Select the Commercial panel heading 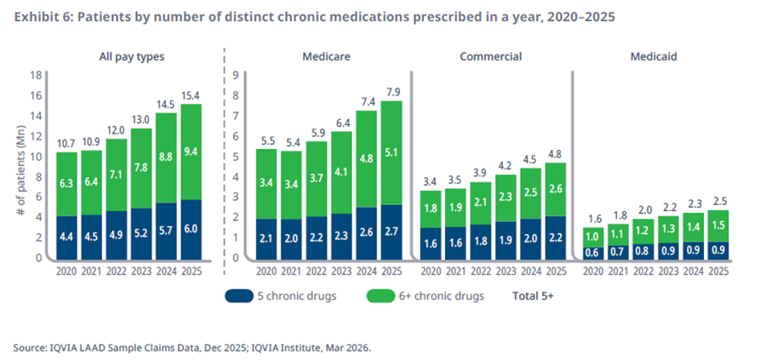click(x=490, y=57)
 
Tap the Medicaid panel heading click(x=653, y=57)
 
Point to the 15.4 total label click(x=191, y=95)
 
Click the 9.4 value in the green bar click(x=191, y=151)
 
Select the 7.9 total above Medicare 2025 click(x=392, y=92)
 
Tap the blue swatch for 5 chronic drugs click(x=239, y=296)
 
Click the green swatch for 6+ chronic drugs click(x=379, y=296)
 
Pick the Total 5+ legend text click(x=533, y=296)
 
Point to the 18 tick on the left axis click(x=35, y=76)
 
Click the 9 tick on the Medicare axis click(x=235, y=76)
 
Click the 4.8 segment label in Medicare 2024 click(x=366, y=158)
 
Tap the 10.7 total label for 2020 click(x=66, y=143)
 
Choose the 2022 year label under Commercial click(x=481, y=271)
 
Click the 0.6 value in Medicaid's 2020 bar click(x=593, y=253)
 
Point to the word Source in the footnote click(x=28, y=348)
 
